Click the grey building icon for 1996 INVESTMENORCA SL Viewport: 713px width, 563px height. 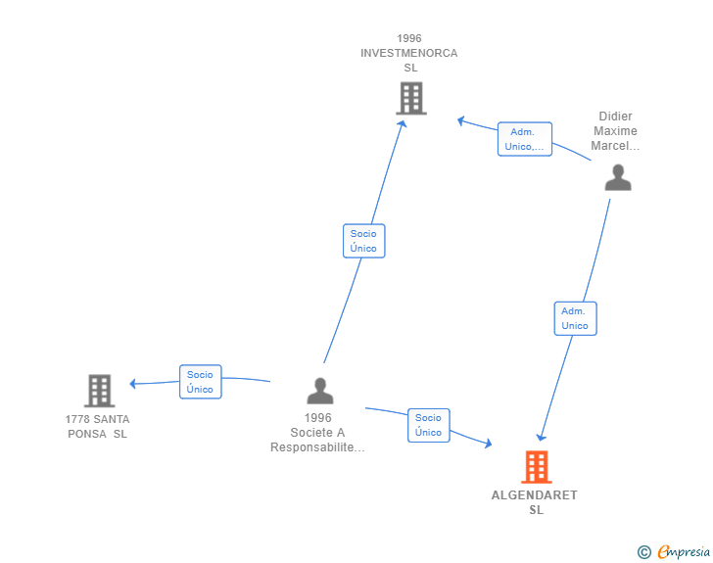tap(411, 98)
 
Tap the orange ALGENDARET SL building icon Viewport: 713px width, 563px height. tap(536, 467)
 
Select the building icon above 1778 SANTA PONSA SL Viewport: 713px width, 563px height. tap(99, 391)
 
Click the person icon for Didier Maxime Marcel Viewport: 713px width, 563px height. tap(617, 177)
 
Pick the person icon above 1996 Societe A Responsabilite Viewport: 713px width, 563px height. tap(319, 391)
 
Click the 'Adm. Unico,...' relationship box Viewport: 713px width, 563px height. tap(524, 139)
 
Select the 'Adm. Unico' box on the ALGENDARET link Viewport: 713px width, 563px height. tap(575, 318)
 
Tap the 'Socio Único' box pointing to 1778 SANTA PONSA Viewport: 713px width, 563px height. tap(200, 382)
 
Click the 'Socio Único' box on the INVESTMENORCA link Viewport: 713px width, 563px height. tap(363, 241)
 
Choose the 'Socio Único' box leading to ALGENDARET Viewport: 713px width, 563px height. tap(428, 425)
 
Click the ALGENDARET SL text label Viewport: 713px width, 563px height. tap(535, 502)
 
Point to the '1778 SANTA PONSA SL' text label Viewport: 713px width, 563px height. tap(97, 426)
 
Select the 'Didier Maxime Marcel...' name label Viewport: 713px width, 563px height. tap(615, 131)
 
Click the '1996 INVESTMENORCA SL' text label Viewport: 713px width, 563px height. tap(408, 53)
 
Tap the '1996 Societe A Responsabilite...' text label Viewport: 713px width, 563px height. tap(317, 433)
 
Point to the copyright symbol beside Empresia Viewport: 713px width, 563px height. tap(643, 552)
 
